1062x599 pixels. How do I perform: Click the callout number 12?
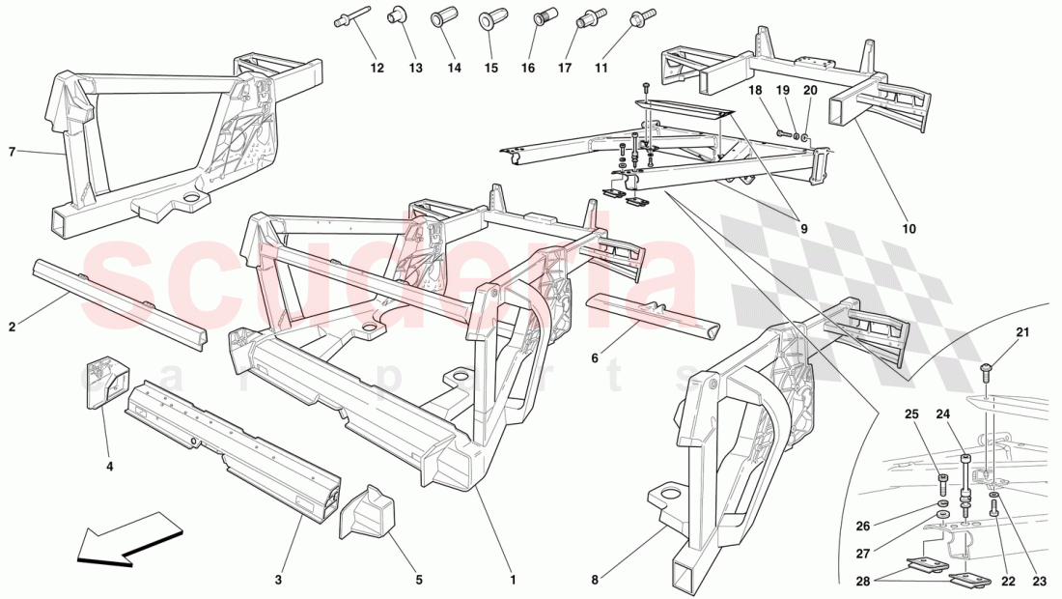(377, 68)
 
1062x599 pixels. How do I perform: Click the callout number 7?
(13, 152)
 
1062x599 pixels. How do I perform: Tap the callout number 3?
(278, 580)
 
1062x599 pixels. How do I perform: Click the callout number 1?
(513, 580)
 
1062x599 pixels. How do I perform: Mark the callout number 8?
(597, 580)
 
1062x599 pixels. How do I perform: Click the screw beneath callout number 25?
(943, 480)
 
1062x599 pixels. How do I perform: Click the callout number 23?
(1039, 582)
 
